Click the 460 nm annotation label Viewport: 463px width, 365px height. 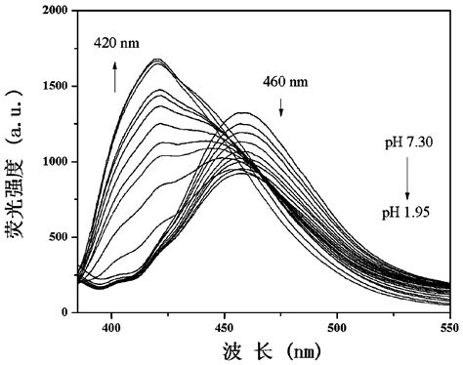click(x=284, y=83)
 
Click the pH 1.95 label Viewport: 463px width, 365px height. click(x=404, y=208)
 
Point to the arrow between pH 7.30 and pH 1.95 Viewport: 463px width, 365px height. click(x=404, y=176)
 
